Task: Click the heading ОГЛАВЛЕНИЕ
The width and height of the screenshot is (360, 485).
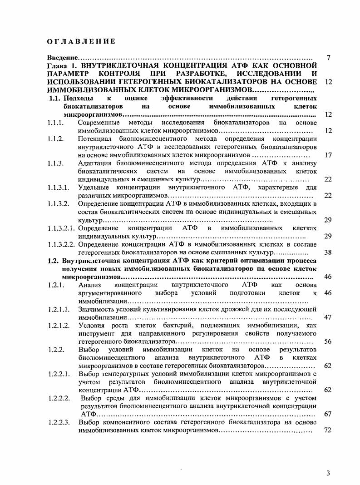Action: (x=81, y=42)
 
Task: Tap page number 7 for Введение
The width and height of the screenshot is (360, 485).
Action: (x=328, y=58)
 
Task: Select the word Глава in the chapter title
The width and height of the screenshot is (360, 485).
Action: (x=57, y=66)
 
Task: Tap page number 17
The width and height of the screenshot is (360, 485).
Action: (x=328, y=155)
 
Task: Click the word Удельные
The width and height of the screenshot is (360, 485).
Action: (x=94, y=188)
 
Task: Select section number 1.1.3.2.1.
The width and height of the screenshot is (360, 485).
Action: (x=61, y=228)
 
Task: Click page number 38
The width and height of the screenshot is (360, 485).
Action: (x=328, y=252)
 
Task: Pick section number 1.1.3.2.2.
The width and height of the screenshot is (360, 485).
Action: (x=61, y=244)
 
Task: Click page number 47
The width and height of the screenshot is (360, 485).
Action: (x=328, y=317)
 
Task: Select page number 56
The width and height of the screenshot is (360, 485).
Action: (x=328, y=341)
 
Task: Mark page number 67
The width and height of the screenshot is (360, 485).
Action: (x=328, y=414)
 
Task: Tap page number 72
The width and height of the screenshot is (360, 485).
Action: (x=328, y=430)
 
